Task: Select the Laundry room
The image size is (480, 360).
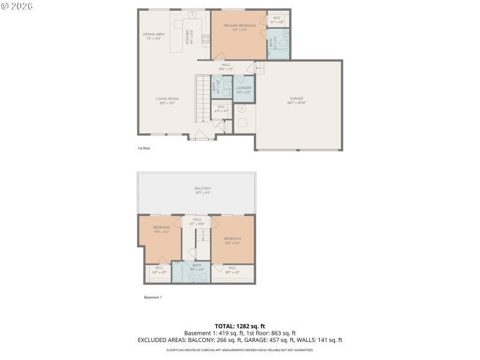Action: click(244, 89)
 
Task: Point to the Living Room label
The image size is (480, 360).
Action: click(167, 100)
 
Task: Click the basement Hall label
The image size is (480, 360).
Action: click(197, 221)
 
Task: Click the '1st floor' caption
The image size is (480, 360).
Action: click(143, 148)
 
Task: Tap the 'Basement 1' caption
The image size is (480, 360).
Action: click(152, 297)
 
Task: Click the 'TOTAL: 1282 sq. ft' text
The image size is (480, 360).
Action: click(239, 326)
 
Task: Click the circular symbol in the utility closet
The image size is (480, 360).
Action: click(242, 109)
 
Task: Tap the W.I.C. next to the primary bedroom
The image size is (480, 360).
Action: click(278, 20)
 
